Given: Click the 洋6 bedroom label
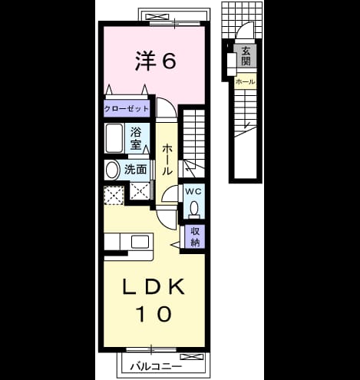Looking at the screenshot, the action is (x=156, y=61).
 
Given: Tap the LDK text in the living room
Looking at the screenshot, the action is (x=154, y=286).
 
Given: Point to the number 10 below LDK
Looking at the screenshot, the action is (x=154, y=314).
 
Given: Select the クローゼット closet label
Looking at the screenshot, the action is (x=127, y=109).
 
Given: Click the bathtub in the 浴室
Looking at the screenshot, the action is (x=114, y=138).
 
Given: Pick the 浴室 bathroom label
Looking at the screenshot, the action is (x=136, y=138).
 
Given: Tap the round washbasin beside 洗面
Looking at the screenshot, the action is (x=112, y=170).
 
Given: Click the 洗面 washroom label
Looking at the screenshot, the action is (x=135, y=170).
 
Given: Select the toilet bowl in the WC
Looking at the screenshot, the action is (x=194, y=209).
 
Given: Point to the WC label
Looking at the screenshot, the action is (x=193, y=191).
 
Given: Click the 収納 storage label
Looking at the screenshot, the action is (x=195, y=236).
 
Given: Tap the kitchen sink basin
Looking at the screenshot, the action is (x=140, y=242).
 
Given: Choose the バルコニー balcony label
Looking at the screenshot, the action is (x=156, y=367).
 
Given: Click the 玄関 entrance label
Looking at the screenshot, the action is (x=246, y=57).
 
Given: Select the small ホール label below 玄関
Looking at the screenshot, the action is (x=245, y=81).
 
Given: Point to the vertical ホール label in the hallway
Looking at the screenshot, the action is (x=167, y=159).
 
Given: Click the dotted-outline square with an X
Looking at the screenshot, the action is (x=114, y=196).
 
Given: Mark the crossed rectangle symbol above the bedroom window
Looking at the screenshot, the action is (x=157, y=18).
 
